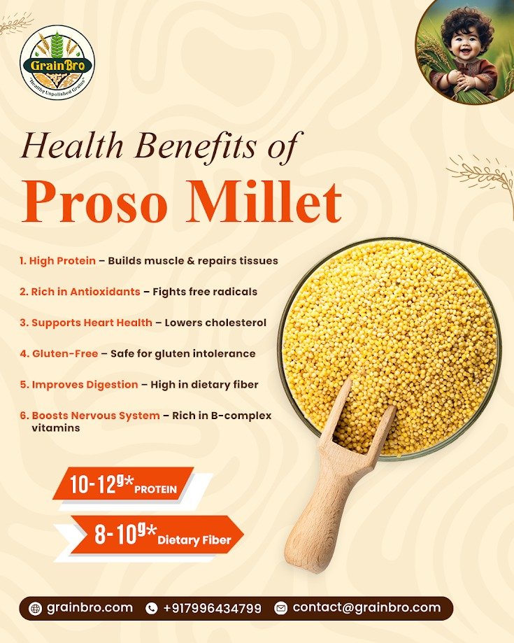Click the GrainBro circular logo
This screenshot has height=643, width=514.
point(57,62)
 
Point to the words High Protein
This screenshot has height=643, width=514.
point(62,260)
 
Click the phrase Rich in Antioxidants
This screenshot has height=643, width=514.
point(85,291)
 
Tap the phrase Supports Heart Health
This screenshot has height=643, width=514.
point(92,323)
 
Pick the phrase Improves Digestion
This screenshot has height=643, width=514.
point(85,384)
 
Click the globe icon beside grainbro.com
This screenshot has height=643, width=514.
point(36,608)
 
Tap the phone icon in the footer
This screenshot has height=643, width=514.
point(151,608)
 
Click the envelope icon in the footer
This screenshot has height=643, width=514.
point(280,608)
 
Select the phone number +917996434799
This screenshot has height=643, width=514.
point(212,608)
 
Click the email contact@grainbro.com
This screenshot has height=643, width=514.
point(366,607)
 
